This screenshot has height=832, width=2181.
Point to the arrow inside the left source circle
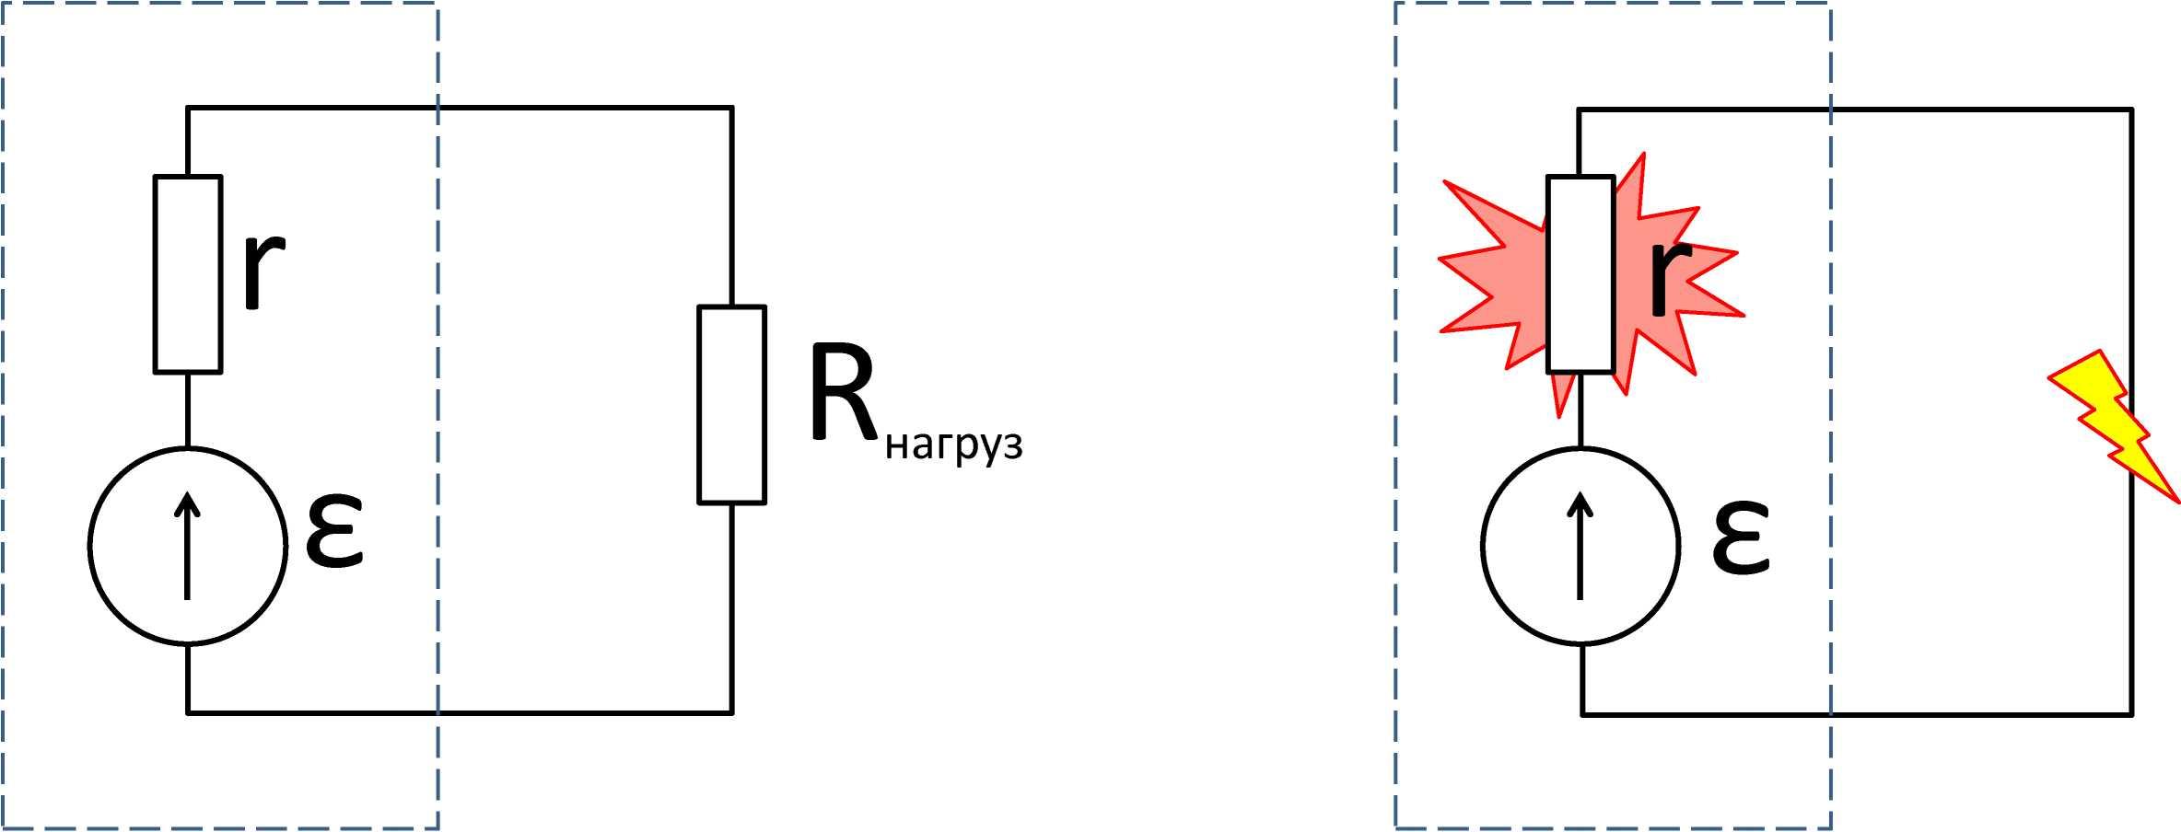point(188,546)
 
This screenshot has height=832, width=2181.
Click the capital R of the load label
point(844,393)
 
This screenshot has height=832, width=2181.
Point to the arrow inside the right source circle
point(1580,546)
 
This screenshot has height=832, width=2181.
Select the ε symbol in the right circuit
point(1741,538)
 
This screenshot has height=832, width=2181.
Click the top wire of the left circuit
point(460,108)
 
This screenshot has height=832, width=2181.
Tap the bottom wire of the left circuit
point(460,712)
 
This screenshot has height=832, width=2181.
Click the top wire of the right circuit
point(1855,110)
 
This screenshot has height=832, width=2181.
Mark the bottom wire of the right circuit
point(1857,713)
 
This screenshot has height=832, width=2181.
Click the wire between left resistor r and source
point(188,410)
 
